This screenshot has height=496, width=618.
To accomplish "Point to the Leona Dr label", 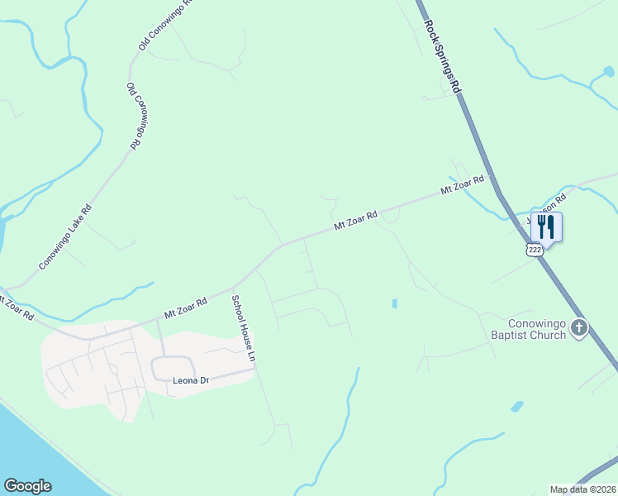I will point(192,381).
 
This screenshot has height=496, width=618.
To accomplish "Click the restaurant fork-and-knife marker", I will point(546,227).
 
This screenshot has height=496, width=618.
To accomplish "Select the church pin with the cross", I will point(579,328).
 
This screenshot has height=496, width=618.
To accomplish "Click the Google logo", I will point(27,486).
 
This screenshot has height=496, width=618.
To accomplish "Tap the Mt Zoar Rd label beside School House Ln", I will point(186,309).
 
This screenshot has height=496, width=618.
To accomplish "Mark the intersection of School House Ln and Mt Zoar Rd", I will point(234,289).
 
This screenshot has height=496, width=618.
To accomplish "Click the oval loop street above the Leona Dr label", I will point(173,368).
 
